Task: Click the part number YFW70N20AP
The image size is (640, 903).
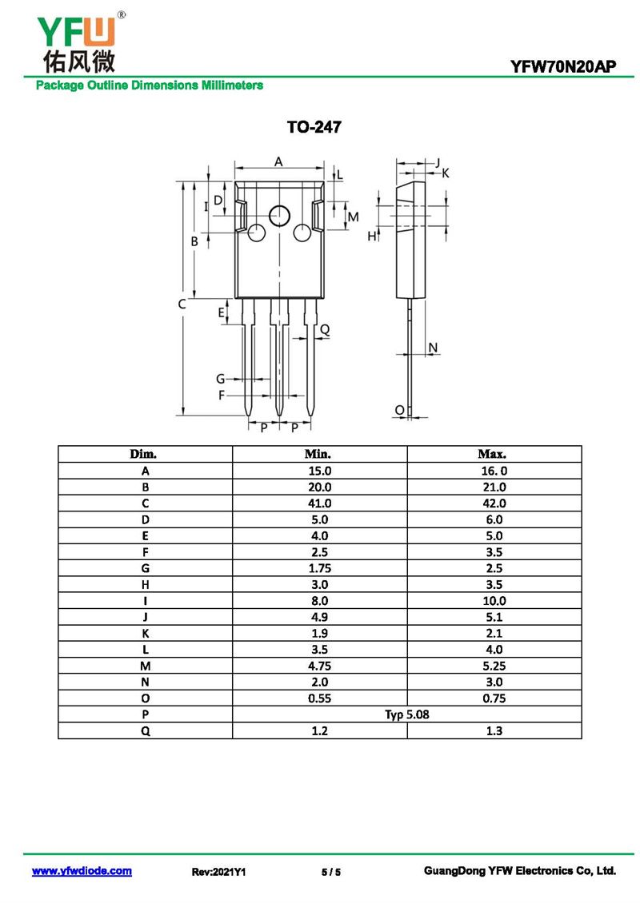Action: pos(562,66)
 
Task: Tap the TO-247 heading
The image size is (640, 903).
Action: pos(314,127)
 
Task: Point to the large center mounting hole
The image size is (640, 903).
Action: pos(280,216)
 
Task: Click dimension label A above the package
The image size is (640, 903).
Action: pos(278,162)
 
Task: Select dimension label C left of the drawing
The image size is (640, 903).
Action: pos(182,304)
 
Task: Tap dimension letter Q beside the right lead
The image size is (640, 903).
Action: pos(325,329)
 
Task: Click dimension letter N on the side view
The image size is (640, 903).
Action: pos(433,348)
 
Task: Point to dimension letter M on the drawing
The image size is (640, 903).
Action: pos(353,217)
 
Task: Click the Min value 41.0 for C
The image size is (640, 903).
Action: pos(319,503)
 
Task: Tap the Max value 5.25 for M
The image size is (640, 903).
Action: pos(494,666)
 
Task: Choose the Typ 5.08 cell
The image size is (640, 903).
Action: pos(407,714)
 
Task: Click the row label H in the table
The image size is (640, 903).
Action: pos(146,584)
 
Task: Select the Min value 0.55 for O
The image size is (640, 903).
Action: pos(319,698)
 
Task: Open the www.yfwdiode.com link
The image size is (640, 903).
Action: pos(82,871)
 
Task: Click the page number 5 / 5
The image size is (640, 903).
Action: pos(331,872)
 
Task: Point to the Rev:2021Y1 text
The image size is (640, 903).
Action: pos(218,872)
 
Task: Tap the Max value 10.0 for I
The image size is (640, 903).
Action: pos(494,601)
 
